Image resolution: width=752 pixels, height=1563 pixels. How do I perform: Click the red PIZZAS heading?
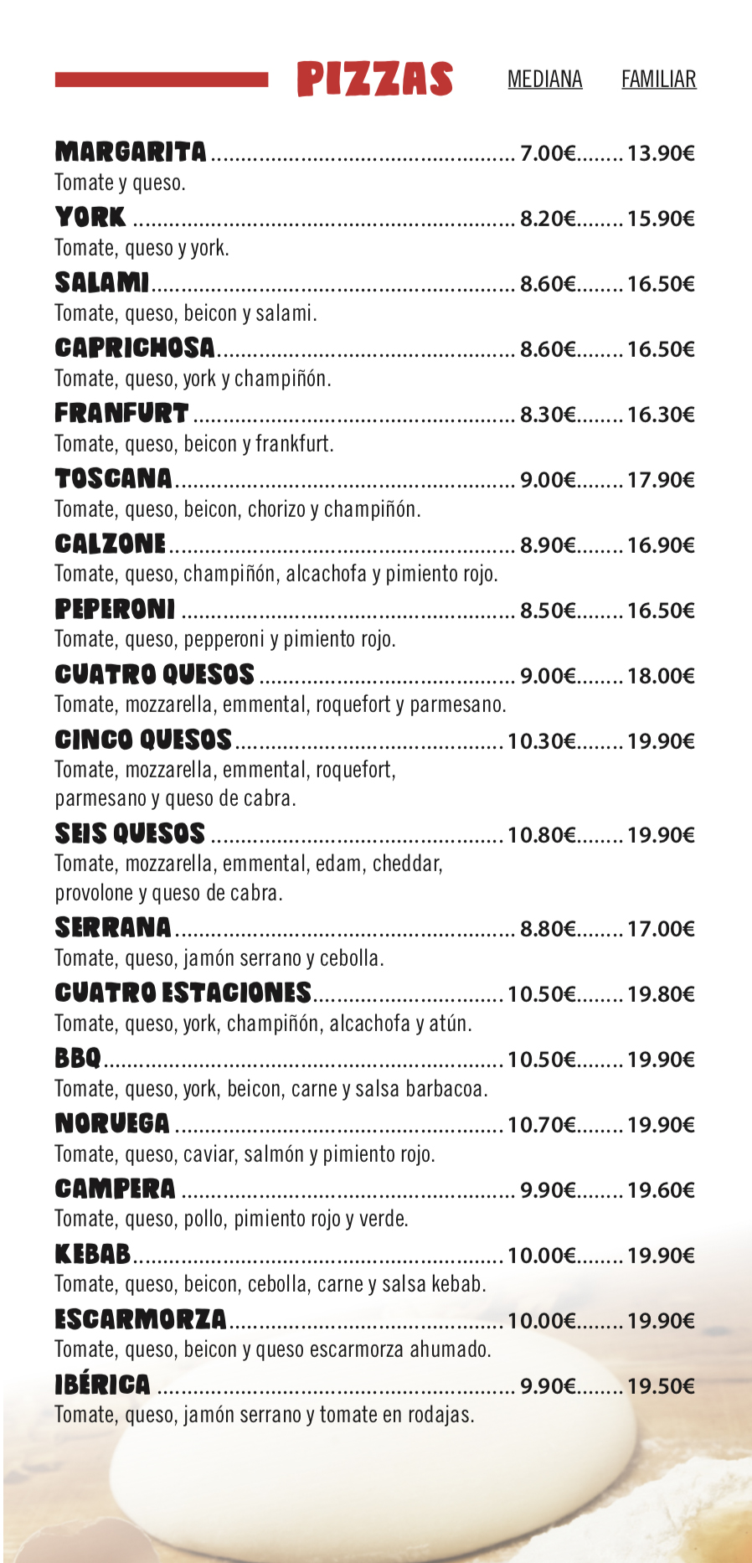[x=374, y=80]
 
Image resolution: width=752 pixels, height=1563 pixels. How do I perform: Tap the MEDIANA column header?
[x=544, y=80]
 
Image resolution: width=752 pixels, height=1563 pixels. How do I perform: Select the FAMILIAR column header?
[x=658, y=80]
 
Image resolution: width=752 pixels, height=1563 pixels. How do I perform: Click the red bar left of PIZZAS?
[x=162, y=80]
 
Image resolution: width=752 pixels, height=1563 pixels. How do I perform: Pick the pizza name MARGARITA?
[x=131, y=152]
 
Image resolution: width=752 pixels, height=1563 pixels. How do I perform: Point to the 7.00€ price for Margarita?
[x=548, y=153]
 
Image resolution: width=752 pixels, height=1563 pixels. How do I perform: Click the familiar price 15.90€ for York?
[x=661, y=219]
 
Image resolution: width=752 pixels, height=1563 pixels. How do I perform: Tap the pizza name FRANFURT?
[x=121, y=413]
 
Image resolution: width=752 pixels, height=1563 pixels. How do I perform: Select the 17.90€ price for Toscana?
[x=661, y=480]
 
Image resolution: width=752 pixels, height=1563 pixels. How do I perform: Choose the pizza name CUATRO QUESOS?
[x=154, y=674]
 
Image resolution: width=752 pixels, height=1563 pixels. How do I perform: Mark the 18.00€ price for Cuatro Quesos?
[x=661, y=676]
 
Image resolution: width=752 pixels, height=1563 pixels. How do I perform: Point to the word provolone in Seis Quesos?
[x=93, y=893]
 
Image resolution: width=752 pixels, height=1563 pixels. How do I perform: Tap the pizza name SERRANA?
[x=113, y=927]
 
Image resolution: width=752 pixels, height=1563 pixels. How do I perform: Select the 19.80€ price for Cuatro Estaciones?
[x=661, y=994]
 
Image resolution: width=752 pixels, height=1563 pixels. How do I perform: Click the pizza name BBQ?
[x=78, y=1058]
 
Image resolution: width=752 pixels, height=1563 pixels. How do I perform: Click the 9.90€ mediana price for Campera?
[x=548, y=1190]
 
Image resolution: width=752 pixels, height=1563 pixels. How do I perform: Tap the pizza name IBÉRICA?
[x=102, y=1385]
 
